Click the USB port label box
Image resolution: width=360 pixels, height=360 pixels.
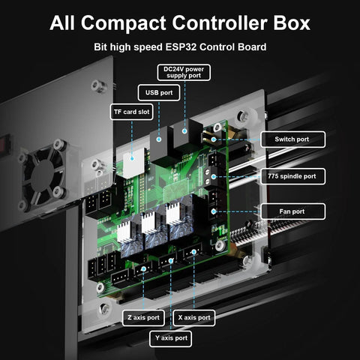(x=159, y=93)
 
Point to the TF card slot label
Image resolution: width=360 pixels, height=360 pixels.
(x=131, y=112)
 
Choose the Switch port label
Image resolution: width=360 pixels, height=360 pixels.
(x=293, y=139)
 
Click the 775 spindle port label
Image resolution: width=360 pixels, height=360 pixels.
(x=293, y=177)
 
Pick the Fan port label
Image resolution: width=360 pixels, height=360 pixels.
(x=293, y=211)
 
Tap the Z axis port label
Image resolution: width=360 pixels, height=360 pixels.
(x=142, y=317)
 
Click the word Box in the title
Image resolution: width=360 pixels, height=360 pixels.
(x=289, y=22)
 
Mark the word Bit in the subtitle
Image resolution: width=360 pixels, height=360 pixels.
(x=102, y=47)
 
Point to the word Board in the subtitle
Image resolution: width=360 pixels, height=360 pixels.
(x=250, y=47)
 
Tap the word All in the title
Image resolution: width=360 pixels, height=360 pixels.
(x=65, y=22)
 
